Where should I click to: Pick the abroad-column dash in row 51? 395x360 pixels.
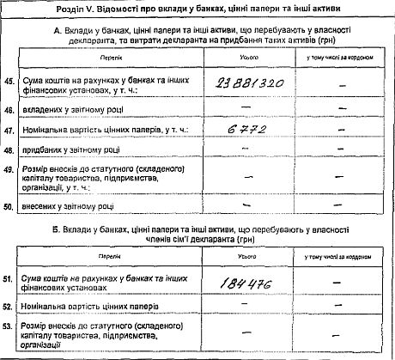[x=342, y=281]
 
